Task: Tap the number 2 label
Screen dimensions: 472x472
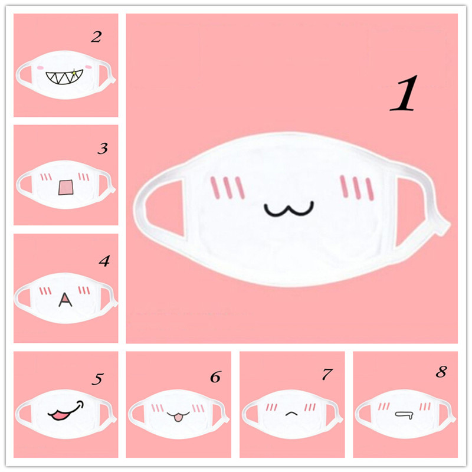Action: tap(96, 37)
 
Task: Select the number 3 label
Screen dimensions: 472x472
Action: tap(103, 149)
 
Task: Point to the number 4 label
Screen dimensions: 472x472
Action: tap(104, 261)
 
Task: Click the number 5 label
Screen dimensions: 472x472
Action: tap(97, 379)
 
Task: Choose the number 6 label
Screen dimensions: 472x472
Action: tap(215, 377)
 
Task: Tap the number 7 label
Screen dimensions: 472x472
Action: tap(327, 375)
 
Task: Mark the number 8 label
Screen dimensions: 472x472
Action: tap(441, 372)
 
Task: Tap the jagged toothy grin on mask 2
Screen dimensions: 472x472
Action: tap(64, 78)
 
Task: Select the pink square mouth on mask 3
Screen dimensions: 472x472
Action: tap(66, 187)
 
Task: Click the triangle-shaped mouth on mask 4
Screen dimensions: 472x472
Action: tap(65, 300)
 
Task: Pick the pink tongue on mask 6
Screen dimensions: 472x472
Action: tap(178, 418)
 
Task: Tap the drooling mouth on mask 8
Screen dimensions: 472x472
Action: tap(404, 415)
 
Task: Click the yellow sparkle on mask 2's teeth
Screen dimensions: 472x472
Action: tap(74, 73)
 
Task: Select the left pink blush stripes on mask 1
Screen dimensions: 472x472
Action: tap(228, 188)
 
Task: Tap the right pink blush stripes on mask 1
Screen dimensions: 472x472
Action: tap(357, 188)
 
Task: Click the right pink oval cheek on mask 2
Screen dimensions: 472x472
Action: tap(88, 67)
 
